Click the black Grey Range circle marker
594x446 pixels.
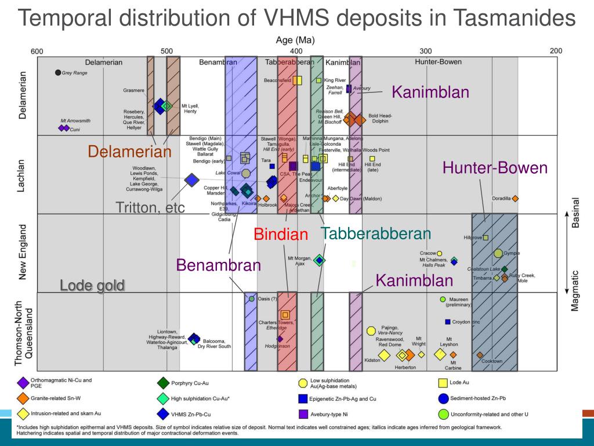point(57,73)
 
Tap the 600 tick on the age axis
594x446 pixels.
point(37,51)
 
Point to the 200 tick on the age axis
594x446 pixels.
point(556,51)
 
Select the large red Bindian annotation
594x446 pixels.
point(281,235)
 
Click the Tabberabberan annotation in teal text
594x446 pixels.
point(376,234)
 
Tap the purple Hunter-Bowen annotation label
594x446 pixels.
point(495,168)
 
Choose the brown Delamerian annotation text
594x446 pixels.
point(130,152)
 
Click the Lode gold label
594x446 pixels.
point(92,285)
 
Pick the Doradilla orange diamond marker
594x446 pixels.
point(515,199)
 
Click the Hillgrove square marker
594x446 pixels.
point(486,238)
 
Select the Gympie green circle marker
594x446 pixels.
point(498,253)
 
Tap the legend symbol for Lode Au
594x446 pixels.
point(443,383)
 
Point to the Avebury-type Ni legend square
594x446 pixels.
point(302,414)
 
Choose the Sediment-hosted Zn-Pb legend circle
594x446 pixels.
point(443,398)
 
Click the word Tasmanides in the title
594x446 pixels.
point(515,19)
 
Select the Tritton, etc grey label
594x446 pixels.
point(150,207)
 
